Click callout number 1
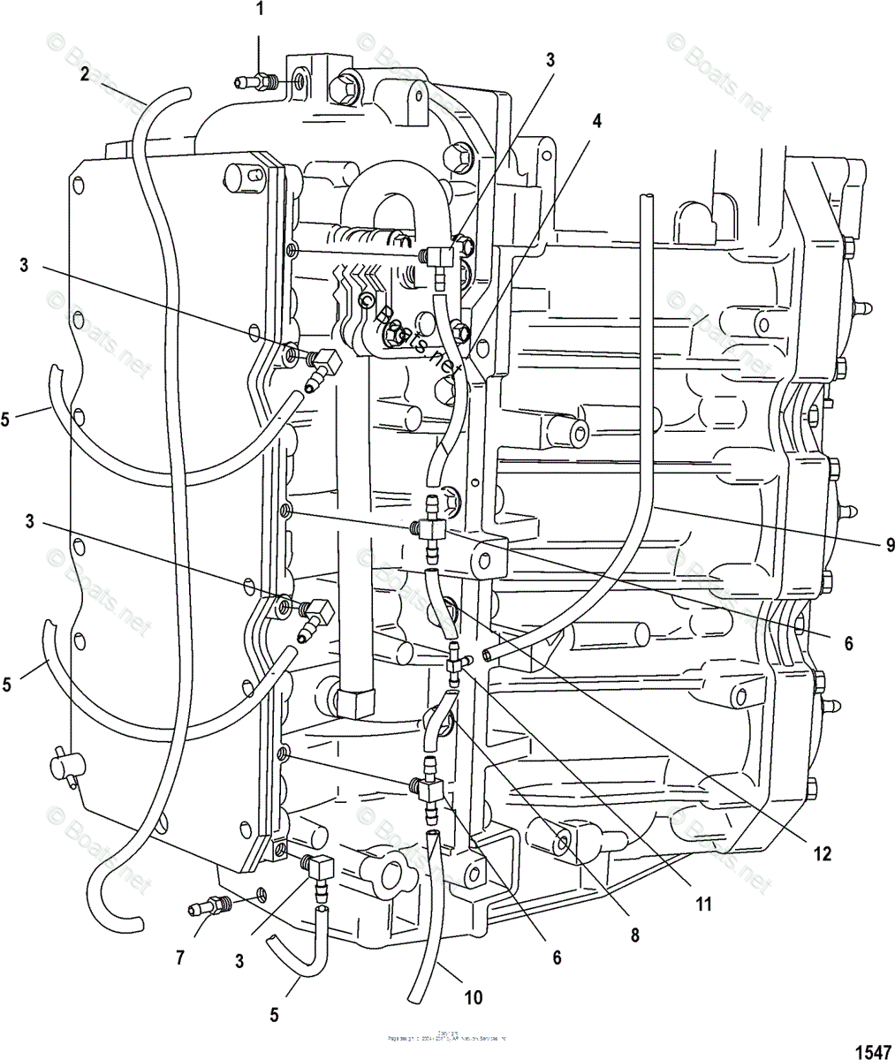pos(259,11)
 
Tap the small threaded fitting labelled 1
pos(256,83)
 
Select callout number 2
pos(84,74)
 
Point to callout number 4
pos(597,122)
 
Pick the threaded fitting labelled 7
pos(209,905)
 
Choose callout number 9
pos(888,545)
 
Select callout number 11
pos(703,904)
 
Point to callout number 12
pos(823,853)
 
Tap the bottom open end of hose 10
pos(413,998)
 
